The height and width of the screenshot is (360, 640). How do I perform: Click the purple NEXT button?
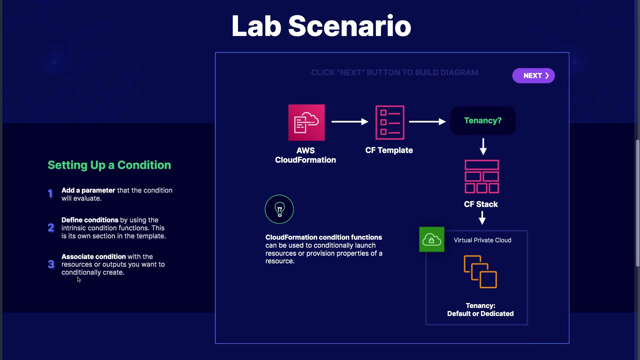533,76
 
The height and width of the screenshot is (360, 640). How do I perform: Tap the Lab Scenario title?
321,26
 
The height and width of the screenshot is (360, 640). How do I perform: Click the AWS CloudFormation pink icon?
306,122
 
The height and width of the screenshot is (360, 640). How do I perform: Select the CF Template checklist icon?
390,122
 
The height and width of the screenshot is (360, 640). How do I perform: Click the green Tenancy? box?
483,121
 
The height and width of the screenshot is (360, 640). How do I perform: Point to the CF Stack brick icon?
482,177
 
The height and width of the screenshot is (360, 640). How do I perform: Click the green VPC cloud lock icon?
432,239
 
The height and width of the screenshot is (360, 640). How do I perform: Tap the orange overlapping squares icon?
480,272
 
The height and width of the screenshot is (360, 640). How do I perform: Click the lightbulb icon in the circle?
279,209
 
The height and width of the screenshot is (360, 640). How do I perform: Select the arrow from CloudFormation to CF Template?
350,122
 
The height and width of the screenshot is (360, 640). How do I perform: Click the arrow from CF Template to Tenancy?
427,122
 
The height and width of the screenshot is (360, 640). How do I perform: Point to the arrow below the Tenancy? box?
483,147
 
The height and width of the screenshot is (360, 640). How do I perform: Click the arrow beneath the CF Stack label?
482,218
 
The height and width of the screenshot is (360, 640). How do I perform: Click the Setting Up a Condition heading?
109,165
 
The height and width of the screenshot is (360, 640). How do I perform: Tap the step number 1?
50,194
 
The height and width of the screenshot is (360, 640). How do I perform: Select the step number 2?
51,228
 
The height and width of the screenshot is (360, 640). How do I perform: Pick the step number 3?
51,264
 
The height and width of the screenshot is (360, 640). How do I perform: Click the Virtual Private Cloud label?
482,240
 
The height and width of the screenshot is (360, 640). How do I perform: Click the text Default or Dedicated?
480,314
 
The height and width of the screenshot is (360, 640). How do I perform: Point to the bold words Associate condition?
94,257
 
